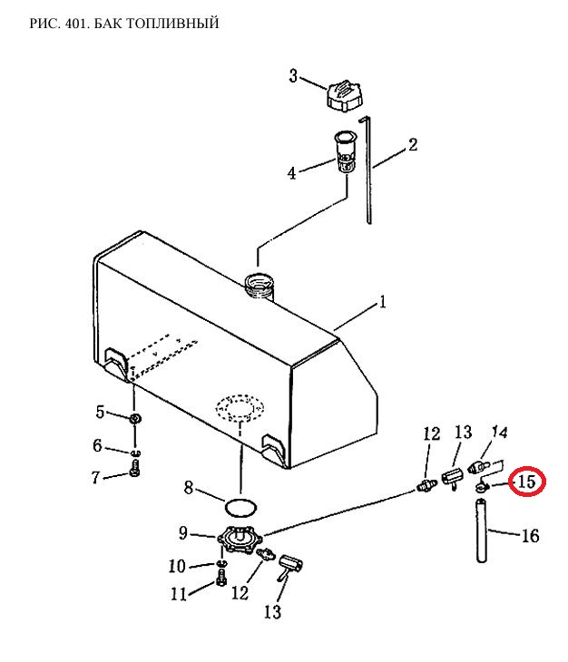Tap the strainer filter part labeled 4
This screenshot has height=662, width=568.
tap(346, 151)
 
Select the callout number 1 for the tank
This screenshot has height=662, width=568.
tap(383, 302)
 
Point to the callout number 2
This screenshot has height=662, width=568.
tap(412, 144)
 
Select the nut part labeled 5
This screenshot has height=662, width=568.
tap(134, 419)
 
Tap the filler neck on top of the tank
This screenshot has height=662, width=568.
tap(260, 286)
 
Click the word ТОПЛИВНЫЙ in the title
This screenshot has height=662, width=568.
tap(172, 23)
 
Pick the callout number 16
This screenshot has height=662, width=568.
tap(530, 536)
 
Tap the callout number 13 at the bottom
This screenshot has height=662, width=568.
tap(272, 612)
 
